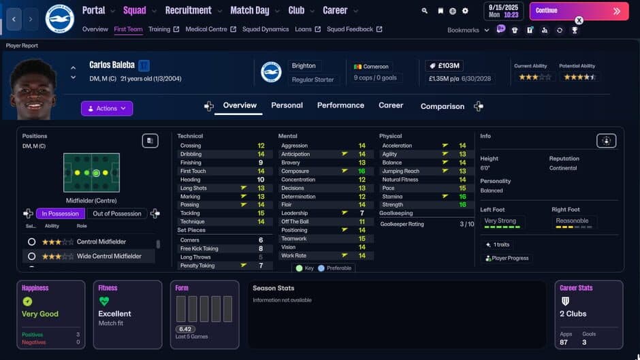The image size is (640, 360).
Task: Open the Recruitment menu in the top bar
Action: (188, 10)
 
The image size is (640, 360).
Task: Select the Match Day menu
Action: (250, 10)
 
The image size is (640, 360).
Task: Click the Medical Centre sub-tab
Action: (207, 29)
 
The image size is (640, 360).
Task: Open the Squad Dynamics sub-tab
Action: (266, 29)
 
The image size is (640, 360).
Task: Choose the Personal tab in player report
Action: (287, 105)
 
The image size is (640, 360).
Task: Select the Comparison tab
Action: (442, 106)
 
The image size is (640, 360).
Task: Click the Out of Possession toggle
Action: (116, 214)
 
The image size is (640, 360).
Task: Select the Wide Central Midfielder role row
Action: (109, 257)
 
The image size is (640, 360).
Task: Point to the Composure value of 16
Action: (362, 171)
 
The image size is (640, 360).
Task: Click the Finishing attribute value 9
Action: (261, 163)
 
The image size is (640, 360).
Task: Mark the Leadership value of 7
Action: (362, 214)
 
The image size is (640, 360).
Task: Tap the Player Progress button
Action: (507, 259)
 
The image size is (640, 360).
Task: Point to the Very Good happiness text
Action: (40, 314)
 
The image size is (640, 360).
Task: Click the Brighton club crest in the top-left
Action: (59, 18)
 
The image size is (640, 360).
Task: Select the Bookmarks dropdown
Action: (468, 30)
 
